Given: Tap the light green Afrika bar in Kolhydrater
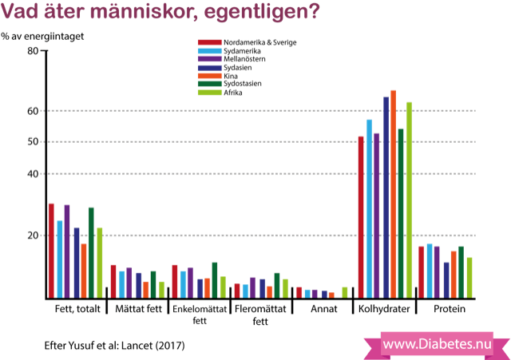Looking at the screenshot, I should [410, 200].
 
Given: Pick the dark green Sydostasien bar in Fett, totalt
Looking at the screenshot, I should [91, 252].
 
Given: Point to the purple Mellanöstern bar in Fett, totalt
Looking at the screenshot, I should [67, 251].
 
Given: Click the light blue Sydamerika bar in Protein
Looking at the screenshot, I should [430, 271].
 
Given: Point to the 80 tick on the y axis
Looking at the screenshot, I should [33, 50].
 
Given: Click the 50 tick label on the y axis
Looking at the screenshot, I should [33, 142].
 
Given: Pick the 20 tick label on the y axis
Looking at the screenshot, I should [33, 235].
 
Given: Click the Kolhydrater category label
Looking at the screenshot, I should [386, 309].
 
